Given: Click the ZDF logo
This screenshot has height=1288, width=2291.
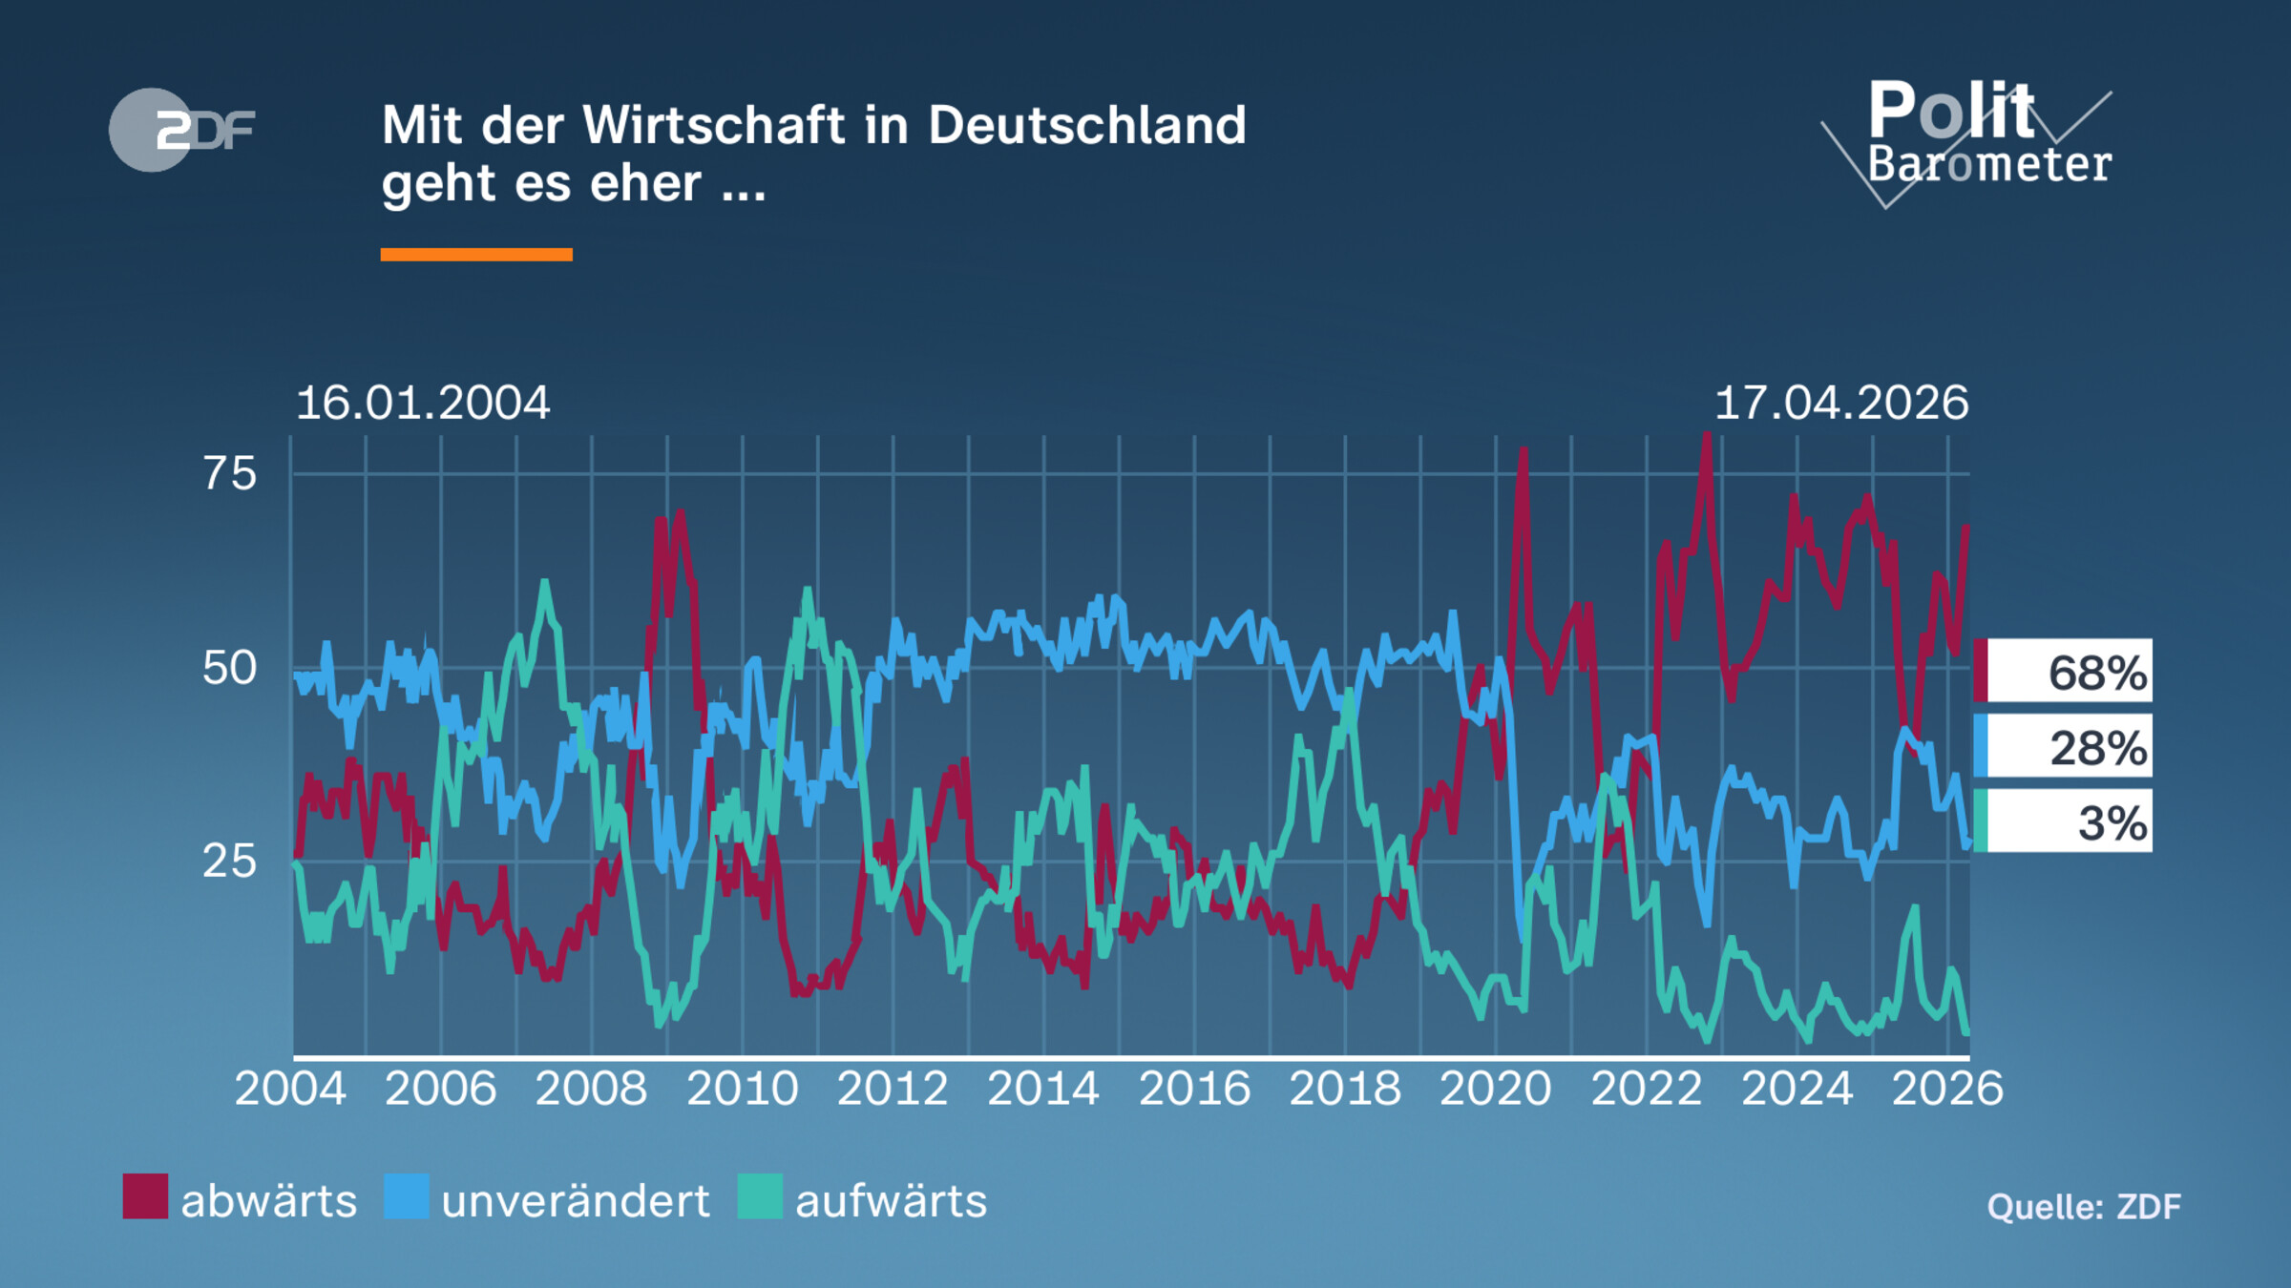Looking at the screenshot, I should click(181, 130).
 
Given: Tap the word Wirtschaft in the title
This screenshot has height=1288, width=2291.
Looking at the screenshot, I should click(714, 125).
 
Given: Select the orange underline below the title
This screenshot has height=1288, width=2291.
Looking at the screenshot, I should click(476, 255).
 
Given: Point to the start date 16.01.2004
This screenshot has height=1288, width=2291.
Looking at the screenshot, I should click(423, 403).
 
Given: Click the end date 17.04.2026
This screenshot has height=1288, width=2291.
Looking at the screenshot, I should click(1841, 403).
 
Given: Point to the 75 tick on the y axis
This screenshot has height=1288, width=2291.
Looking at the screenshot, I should click(229, 474).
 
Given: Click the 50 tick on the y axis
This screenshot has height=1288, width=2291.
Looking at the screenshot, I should click(229, 668).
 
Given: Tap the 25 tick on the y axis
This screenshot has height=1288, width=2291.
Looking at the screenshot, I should click(229, 862).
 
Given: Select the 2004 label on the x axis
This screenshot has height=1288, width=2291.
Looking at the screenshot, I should click(290, 1089).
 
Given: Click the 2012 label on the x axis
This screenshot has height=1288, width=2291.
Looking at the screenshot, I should click(893, 1089).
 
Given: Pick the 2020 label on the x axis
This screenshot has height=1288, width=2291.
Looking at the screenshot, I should click(1495, 1089).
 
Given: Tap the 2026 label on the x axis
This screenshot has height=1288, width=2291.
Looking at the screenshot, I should click(1947, 1089).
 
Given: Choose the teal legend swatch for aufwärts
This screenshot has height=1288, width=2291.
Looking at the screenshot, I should click(760, 1196).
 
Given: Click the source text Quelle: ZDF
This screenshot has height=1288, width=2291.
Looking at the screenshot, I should click(2084, 1207).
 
